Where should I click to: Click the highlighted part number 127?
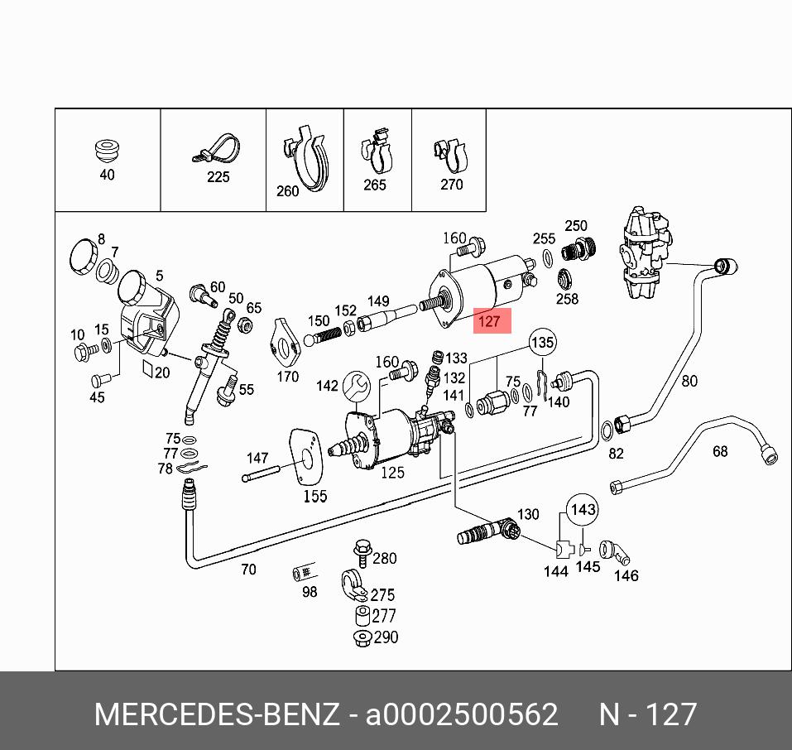491,321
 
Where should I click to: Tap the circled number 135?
543,342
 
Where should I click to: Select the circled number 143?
583,510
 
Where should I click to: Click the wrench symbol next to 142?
358,385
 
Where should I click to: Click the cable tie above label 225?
217,150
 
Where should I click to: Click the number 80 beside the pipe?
689,382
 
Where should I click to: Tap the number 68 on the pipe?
720,451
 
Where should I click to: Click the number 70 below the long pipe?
248,570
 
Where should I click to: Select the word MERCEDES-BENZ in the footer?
217,714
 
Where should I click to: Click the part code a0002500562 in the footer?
462,714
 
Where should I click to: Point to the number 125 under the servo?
392,473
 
